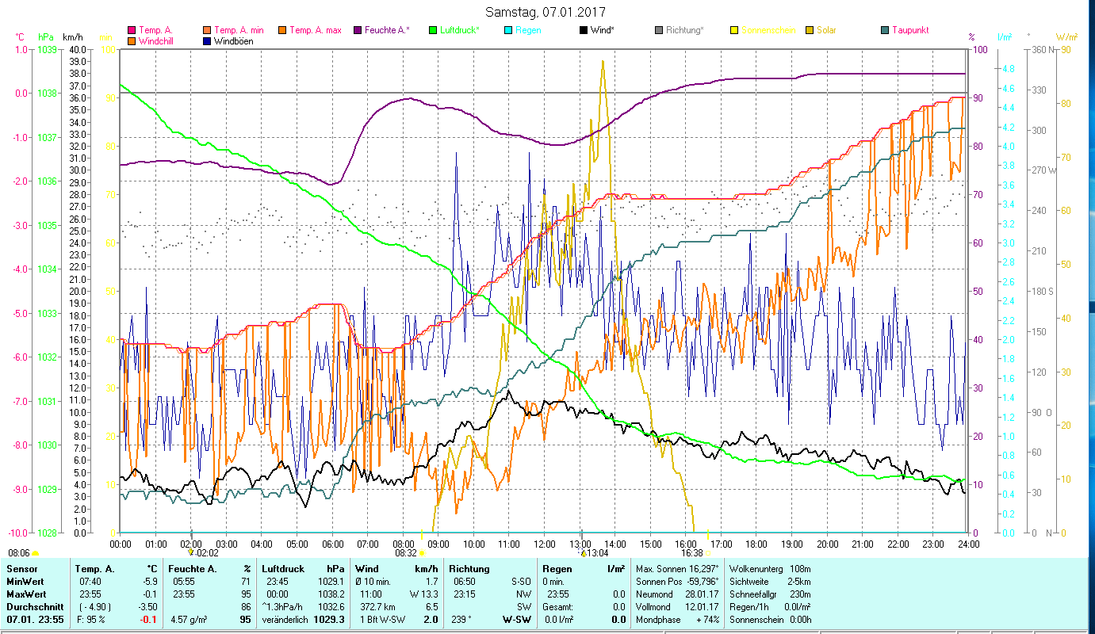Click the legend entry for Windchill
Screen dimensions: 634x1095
(157, 40)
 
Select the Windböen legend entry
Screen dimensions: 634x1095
(234, 40)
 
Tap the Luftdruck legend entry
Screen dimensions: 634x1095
(460, 30)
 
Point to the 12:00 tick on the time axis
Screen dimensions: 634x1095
(545, 544)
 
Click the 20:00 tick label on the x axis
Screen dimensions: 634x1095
(827, 544)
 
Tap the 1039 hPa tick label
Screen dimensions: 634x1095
(46, 49)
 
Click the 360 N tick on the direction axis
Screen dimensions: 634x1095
(1041, 49)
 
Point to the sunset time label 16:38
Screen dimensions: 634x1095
(692, 553)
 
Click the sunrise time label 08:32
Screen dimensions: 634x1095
(405, 553)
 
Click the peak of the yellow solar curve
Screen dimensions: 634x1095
(603, 61)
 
